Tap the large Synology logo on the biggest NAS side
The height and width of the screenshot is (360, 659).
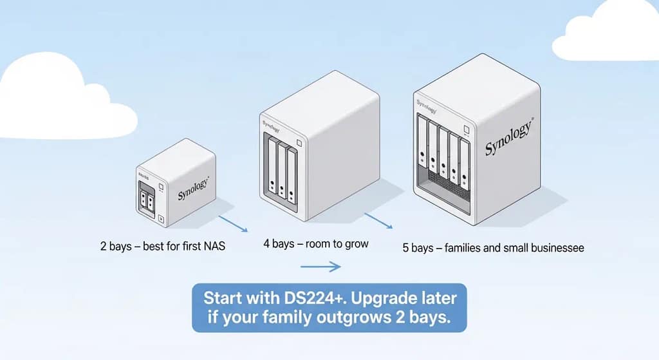click(x=508, y=138)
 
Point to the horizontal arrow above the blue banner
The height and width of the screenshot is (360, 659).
click(x=320, y=266)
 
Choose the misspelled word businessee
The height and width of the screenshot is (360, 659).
click(x=552, y=248)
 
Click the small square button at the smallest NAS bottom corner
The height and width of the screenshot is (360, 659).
click(x=162, y=220)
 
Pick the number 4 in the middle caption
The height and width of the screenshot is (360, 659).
click(x=266, y=244)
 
